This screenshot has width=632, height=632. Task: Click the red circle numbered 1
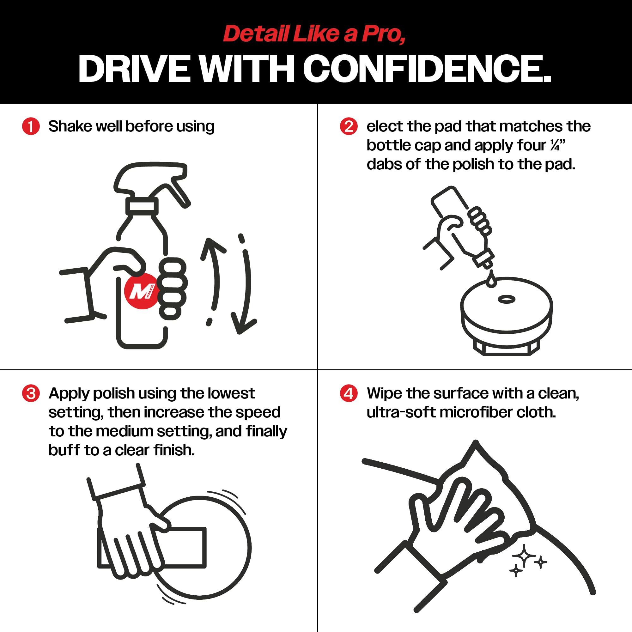tap(31, 126)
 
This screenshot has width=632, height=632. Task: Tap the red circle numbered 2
tap(349, 126)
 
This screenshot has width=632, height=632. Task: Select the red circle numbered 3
tap(31, 393)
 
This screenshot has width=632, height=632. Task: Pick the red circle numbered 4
tap(349, 393)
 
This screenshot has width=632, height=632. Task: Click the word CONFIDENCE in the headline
tap(427, 68)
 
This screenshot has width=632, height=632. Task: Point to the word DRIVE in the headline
tap(134, 68)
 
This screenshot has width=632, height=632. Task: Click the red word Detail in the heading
tap(257, 34)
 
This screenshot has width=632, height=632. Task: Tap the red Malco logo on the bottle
tap(141, 291)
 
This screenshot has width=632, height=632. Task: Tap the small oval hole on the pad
tap(506, 299)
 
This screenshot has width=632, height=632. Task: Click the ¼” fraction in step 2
tap(557, 145)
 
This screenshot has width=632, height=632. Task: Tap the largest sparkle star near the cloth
tap(524, 556)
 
